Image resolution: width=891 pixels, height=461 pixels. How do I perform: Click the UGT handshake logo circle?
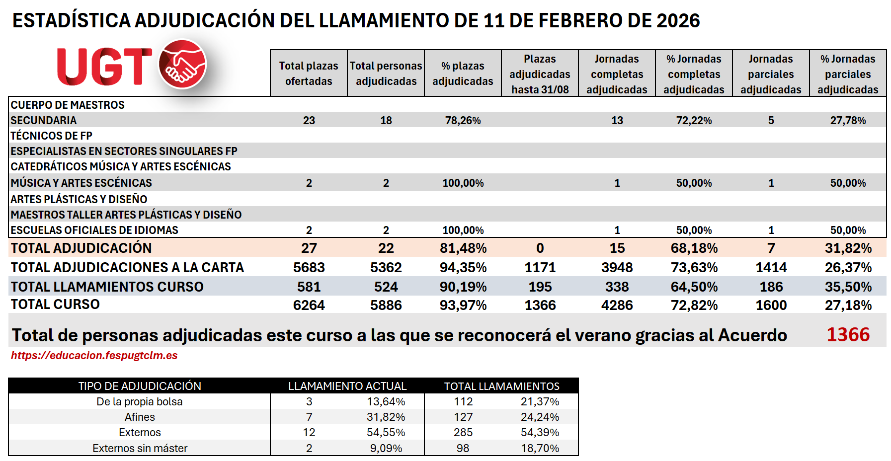(182, 65)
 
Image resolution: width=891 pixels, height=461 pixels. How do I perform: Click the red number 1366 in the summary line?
(848, 335)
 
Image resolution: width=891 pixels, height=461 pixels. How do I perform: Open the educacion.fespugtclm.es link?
(94, 356)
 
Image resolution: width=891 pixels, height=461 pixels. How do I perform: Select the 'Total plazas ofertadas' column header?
(309, 74)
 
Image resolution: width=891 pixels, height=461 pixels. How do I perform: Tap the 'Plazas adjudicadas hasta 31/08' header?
(540, 74)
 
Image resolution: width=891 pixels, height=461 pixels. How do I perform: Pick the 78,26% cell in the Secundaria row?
(463, 121)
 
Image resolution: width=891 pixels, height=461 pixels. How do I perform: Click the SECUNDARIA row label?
(44, 121)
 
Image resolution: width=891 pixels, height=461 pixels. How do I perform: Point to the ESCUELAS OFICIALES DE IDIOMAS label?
(94, 230)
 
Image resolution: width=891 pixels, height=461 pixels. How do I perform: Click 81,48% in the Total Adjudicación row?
(463, 248)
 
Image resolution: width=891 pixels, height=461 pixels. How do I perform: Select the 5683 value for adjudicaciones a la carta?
(309, 268)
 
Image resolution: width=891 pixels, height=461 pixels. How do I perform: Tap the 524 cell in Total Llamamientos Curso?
(386, 287)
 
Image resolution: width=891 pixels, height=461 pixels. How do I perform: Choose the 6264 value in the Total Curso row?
(309, 306)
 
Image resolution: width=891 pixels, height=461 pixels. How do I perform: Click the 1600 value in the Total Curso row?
(771, 306)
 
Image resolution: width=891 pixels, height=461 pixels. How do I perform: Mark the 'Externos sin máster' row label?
(140, 449)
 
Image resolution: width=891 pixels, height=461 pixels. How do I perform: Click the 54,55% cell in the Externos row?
(386, 433)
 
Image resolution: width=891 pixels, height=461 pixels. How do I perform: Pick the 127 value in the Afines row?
(463, 417)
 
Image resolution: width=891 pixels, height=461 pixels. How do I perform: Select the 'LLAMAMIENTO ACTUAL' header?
(347, 386)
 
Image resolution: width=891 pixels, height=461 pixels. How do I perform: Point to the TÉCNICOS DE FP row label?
(51, 136)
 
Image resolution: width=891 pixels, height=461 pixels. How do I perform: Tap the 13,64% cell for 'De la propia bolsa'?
(386, 402)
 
